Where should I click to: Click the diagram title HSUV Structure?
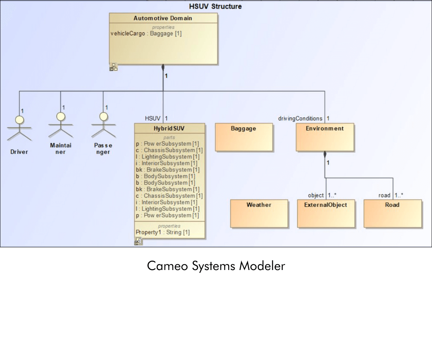pos(215,6)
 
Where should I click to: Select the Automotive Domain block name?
pos(163,18)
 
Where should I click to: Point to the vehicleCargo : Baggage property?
pos(146,33)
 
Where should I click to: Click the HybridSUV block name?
pos(169,129)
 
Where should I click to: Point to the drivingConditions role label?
pos(300,118)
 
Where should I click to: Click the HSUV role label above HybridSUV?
pos(153,118)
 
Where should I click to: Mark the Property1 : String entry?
pos(163,232)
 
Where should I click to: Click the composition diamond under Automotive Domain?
pos(163,67)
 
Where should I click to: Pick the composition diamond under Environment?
pos(325,154)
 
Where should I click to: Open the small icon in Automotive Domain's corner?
pos(113,67)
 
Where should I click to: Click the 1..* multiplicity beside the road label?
pos(399,195)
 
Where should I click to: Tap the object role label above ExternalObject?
pos(316,195)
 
